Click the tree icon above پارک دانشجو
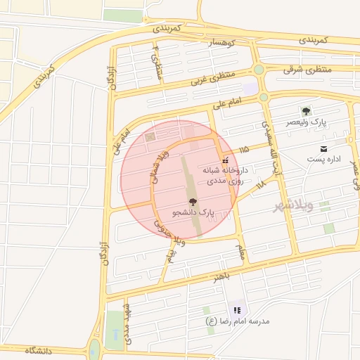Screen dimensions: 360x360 pyautogui.click(x=193, y=202)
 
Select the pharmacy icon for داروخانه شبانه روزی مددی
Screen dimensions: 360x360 pyautogui.click(x=225, y=160)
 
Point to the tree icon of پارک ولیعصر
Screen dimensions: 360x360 pyautogui.click(x=305, y=112)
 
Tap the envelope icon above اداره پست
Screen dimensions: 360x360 pyautogui.click(x=323, y=148)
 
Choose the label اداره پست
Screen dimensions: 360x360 pyautogui.click(x=323, y=160)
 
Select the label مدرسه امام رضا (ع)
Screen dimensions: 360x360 pyautogui.click(x=238, y=321)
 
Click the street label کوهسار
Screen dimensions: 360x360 pyautogui.click(x=222, y=43)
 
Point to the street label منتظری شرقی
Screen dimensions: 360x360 pyautogui.click(x=307, y=70)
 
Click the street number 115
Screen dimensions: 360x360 pyautogui.click(x=244, y=150)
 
